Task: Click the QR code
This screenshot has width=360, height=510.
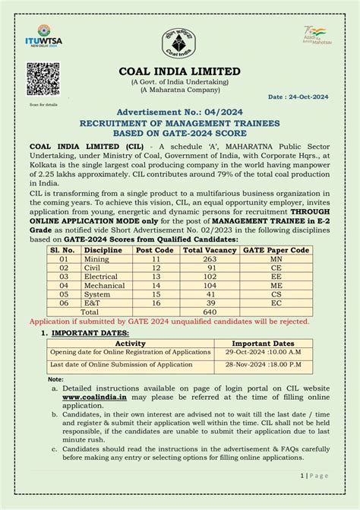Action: click(43, 80)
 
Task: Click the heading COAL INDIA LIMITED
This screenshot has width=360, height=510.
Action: click(179, 71)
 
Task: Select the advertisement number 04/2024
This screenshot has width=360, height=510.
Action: click(179, 111)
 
